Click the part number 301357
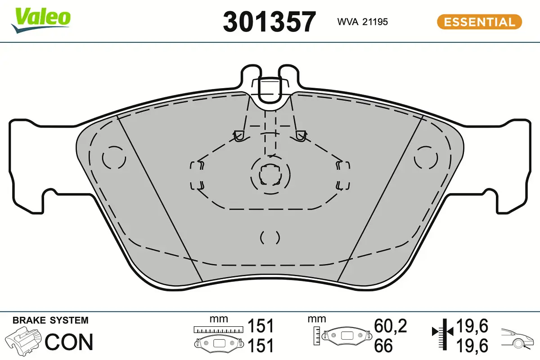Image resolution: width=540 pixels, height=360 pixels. tap(270, 21)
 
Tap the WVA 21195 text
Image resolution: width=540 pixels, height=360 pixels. tap(363, 22)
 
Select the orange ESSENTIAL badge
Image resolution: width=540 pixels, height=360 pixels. tap(479, 22)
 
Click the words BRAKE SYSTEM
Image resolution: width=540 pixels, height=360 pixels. tap(50, 320)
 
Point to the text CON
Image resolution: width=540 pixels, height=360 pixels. tap(69, 342)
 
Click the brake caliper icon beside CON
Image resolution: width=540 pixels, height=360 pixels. tap(24, 342)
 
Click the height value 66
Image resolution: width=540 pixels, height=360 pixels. tap(383, 346)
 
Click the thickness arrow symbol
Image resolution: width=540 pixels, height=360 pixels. tap(443, 332)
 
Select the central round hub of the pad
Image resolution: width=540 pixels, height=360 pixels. tap(270, 175)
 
